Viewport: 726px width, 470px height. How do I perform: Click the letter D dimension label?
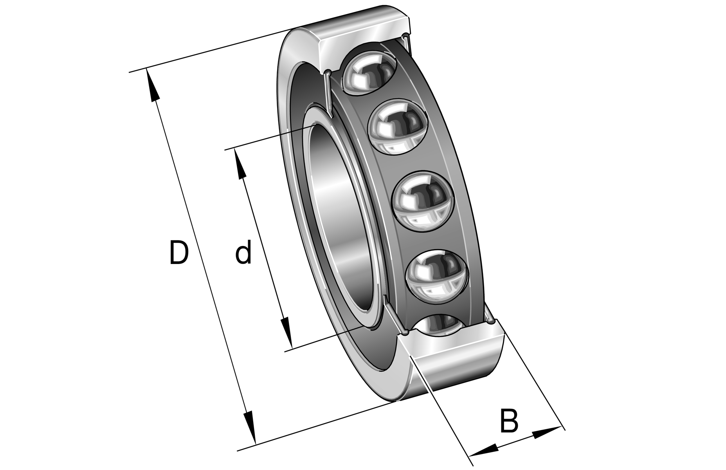(179, 253)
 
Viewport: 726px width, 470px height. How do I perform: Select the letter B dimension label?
(509, 421)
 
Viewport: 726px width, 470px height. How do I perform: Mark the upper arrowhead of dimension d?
(240, 164)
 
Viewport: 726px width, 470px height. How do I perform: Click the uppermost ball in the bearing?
(369, 73)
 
